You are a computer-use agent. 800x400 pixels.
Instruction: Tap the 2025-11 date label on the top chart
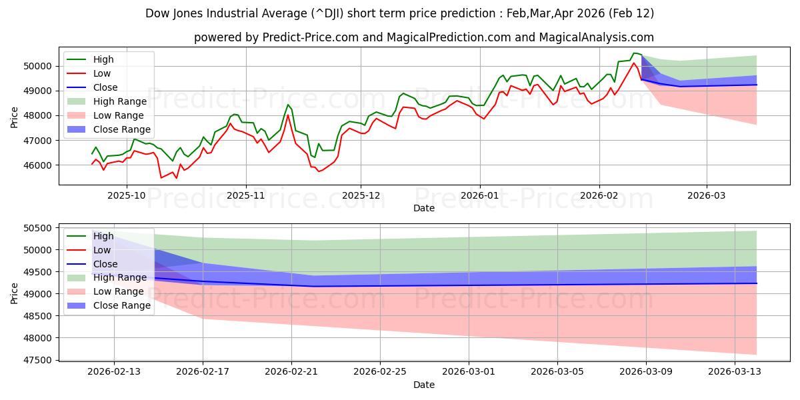(x=246, y=195)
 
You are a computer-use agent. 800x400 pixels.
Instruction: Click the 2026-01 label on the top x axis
(x=479, y=195)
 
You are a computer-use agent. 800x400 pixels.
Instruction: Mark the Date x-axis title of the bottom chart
(x=424, y=385)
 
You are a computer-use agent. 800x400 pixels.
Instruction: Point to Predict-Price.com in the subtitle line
(x=303, y=37)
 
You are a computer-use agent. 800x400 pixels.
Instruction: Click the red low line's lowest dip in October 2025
(x=161, y=177)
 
